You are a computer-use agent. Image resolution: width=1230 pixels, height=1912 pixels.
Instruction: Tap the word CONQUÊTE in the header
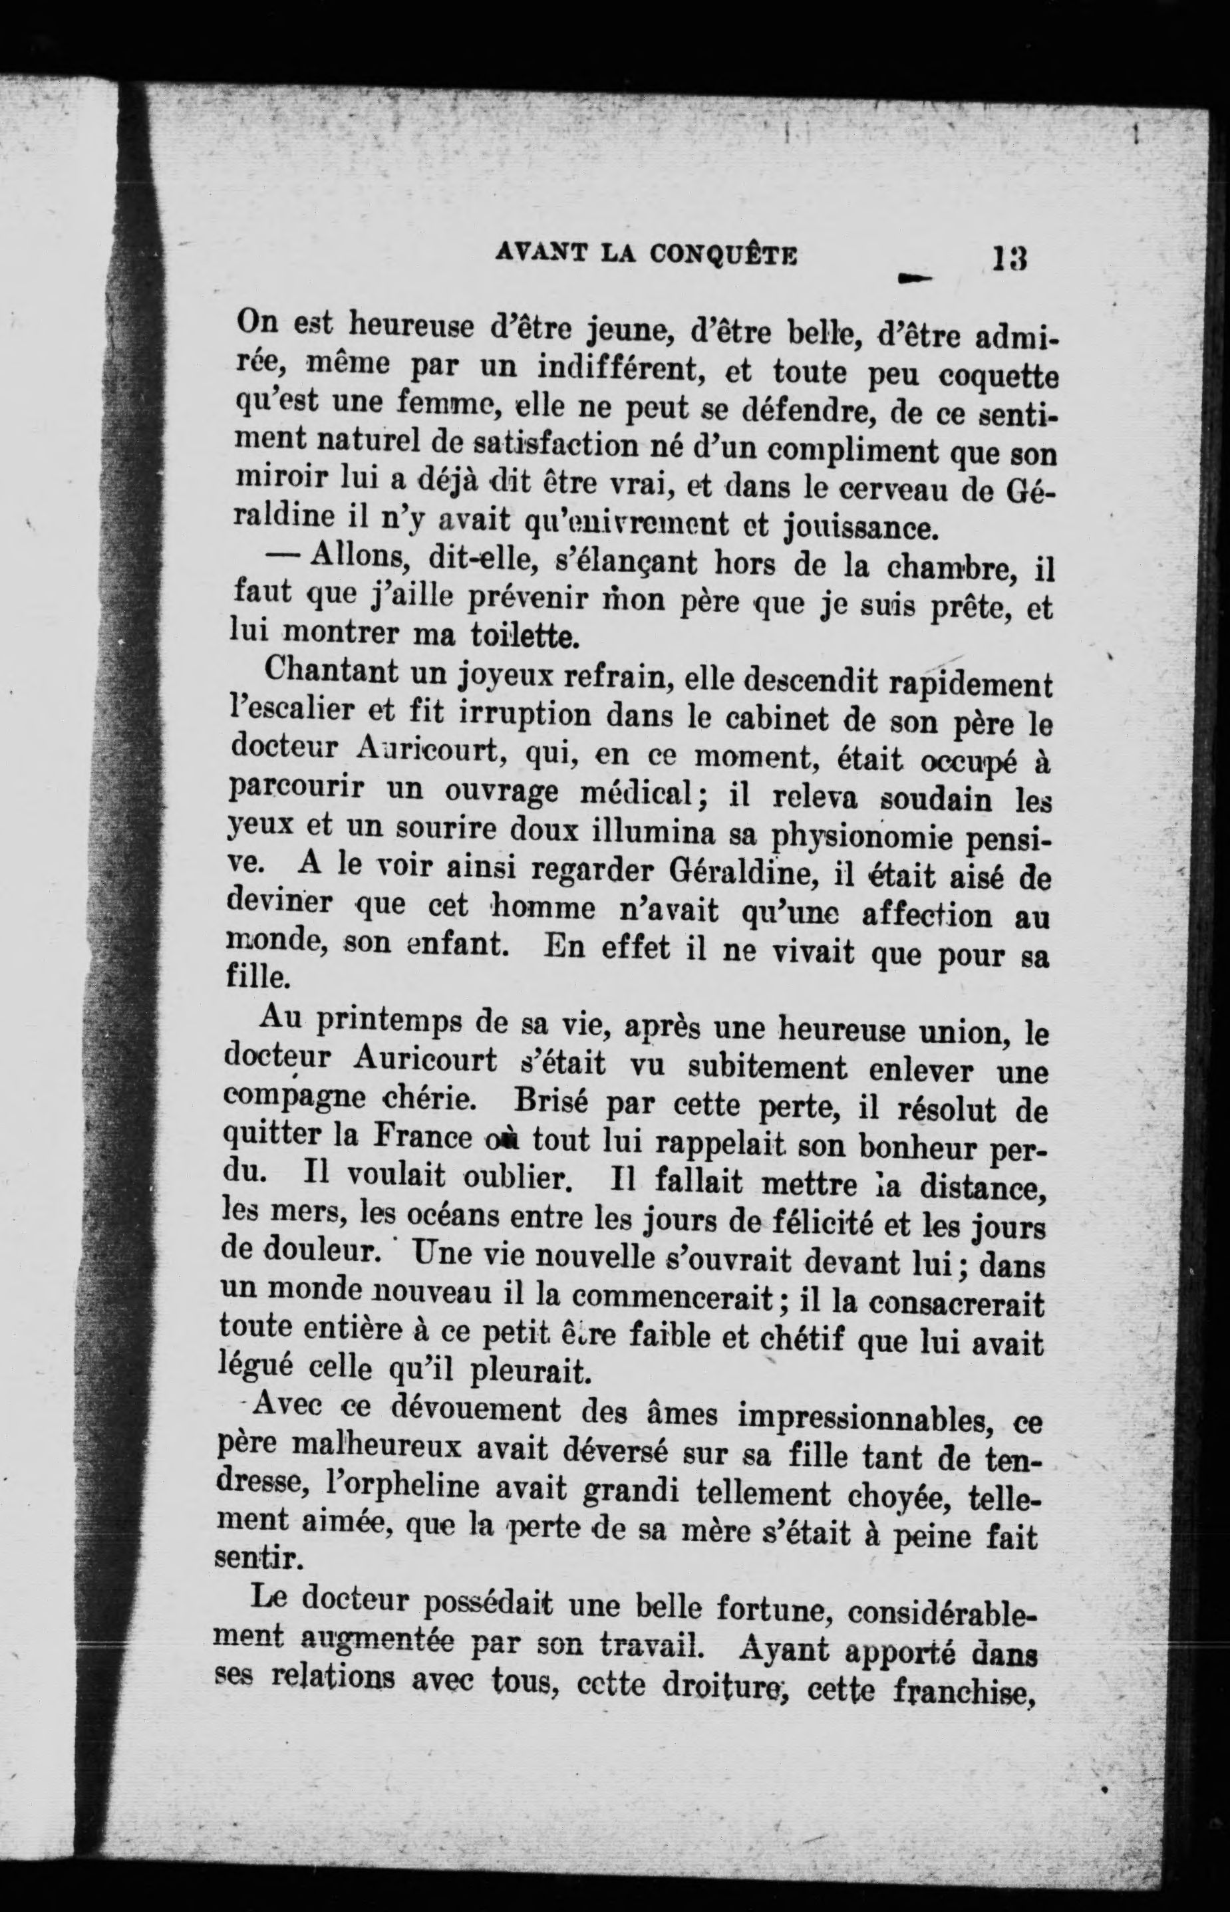pos(724,255)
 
